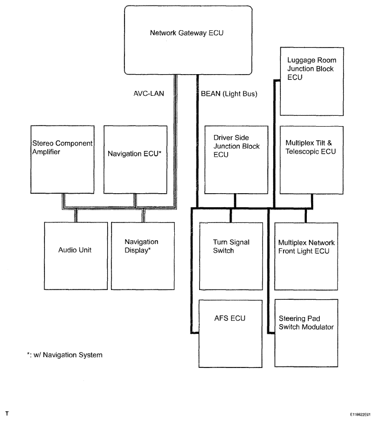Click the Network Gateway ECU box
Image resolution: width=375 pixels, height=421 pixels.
pyautogui.click(x=188, y=40)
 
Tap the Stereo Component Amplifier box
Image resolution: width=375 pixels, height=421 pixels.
pyautogui.click(x=62, y=159)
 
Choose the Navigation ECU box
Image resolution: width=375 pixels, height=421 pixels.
pyautogui.click(x=135, y=159)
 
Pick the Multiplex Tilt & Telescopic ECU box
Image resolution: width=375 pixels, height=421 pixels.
pyautogui.click(x=312, y=160)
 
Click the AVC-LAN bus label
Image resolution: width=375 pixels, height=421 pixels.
pyautogui.click(x=148, y=94)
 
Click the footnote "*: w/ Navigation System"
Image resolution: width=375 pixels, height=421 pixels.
pyautogui.click(x=61, y=355)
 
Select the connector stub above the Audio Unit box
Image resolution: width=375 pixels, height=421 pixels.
pyautogui.click(x=75, y=215)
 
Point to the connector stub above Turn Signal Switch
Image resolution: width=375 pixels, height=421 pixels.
pyautogui.click(x=232, y=215)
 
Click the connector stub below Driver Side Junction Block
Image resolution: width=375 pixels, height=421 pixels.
pyautogui.click(x=235, y=201)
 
